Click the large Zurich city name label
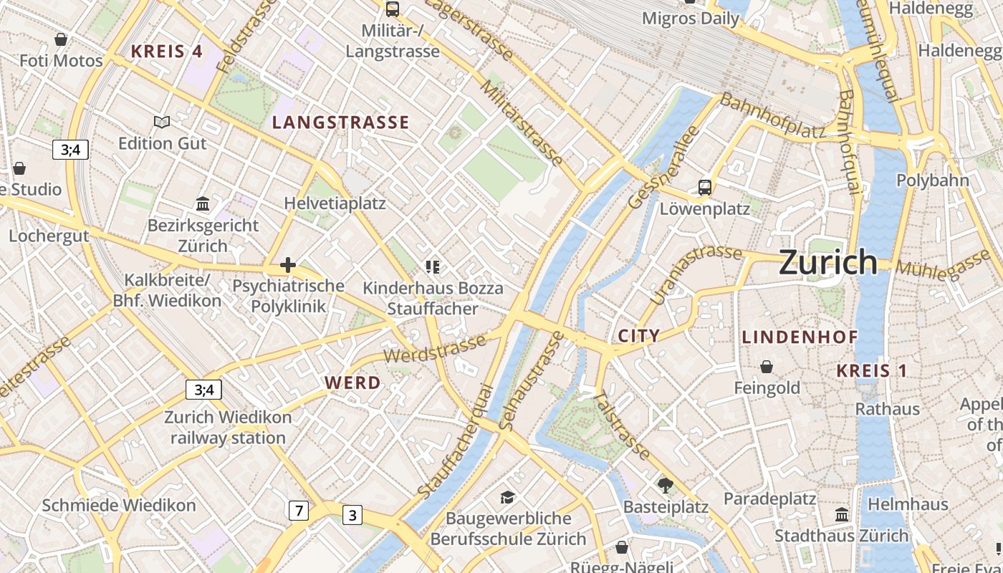(x=827, y=262)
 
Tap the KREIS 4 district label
(x=167, y=51)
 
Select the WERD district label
(x=352, y=383)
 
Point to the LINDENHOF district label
(x=800, y=337)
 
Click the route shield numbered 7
(x=299, y=511)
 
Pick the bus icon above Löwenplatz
(x=705, y=188)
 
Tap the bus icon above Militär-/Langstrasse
(x=392, y=9)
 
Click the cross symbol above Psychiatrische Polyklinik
(x=288, y=265)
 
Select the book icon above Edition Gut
(x=162, y=122)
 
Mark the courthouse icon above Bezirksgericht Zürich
(x=203, y=204)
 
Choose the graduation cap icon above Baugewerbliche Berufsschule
(x=508, y=497)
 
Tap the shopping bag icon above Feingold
(x=767, y=367)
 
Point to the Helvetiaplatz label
(x=335, y=203)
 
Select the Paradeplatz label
(x=769, y=499)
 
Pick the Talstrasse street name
(x=622, y=425)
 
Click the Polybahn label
(x=932, y=180)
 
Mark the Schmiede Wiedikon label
(x=118, y=505)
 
